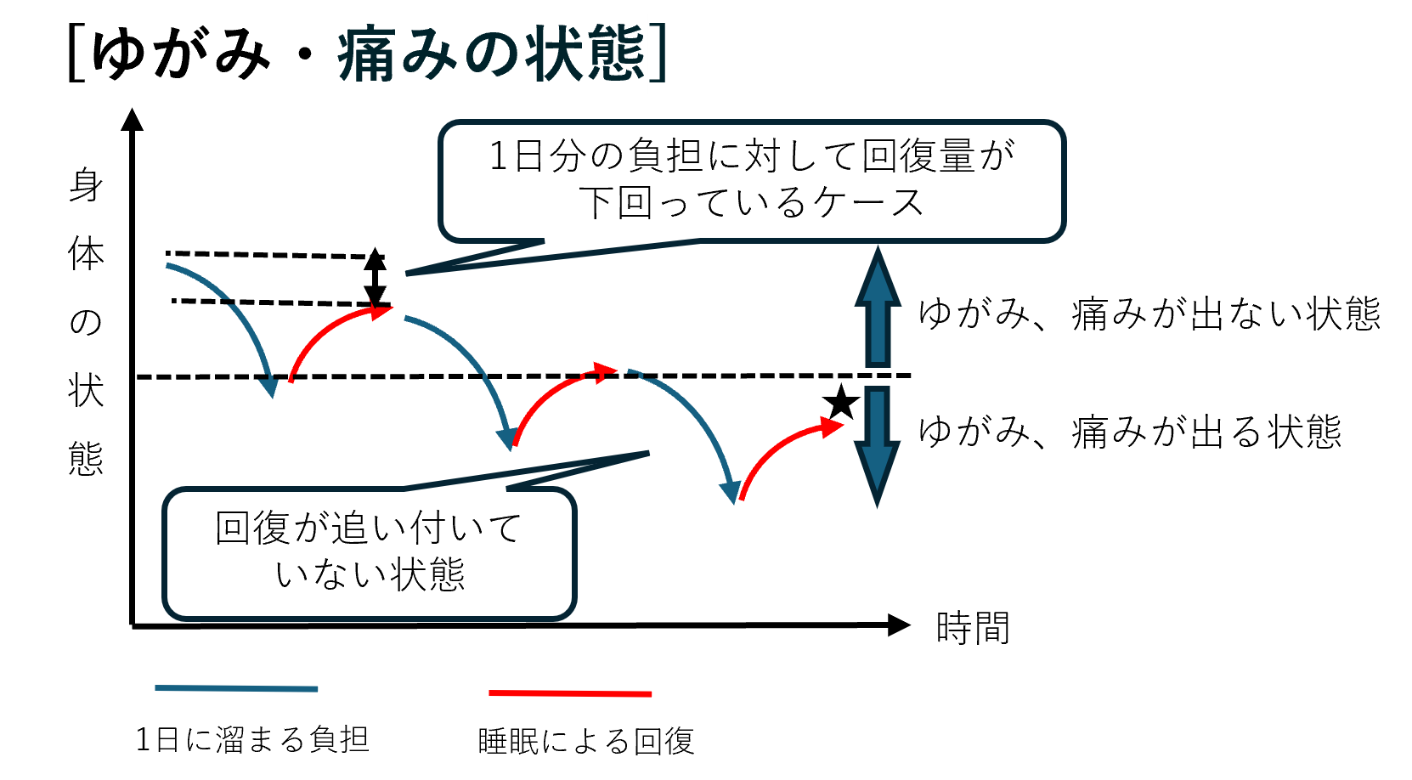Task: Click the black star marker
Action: (x=841, y=402)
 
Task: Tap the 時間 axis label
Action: (x=973, y=629)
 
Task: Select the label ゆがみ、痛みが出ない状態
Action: (x=1149, y=314)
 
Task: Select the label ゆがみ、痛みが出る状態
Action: (x=1130, y=432)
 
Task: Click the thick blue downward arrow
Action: (x=877, y=446)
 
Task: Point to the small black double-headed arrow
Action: (x=375, y=279)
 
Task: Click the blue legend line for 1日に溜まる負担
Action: (x=236, y=688)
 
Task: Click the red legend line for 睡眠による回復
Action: (x=569, y=693)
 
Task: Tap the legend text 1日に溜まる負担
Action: (x=252, y=739)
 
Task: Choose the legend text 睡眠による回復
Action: (x=586, y=741)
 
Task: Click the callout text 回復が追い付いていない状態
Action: (x=369, y=551)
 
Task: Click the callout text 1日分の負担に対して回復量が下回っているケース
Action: (x=752, y=179)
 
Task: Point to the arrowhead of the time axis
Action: (x=899, y=625)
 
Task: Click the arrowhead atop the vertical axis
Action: (x=133, y=120)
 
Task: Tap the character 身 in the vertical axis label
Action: (x=86, y=185)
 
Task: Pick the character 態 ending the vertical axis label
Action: (x=86, y=459)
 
